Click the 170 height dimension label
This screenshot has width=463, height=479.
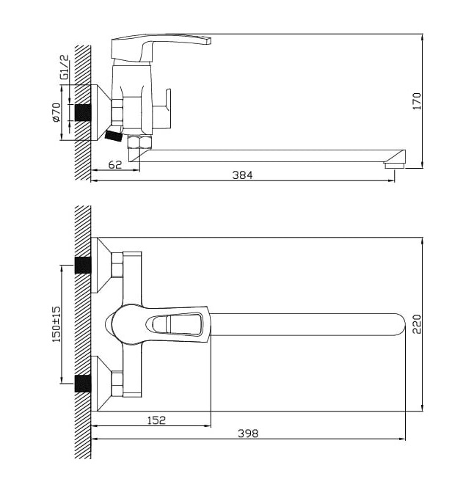[417, 101]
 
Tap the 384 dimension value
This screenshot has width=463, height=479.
[242, 175]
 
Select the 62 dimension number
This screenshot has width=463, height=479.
[115, 164]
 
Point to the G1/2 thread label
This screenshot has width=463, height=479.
[65, 67]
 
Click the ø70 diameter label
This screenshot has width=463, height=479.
[56, 112]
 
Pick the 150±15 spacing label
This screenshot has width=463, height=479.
[56, 323]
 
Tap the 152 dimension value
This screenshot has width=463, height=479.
[156, 420]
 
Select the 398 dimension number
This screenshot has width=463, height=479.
[248, 434]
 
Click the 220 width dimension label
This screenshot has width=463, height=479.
[417, 324]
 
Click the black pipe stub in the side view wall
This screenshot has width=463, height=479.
[83, 112]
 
